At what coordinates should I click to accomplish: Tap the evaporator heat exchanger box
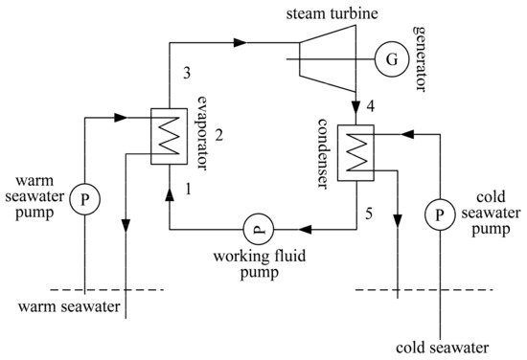point(169,135)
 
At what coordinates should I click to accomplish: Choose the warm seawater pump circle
point(85,200)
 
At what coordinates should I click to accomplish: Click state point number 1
point(189,191)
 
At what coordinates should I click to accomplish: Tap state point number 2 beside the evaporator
point(218,134)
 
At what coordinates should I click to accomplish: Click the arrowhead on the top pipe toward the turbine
point(240,42)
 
